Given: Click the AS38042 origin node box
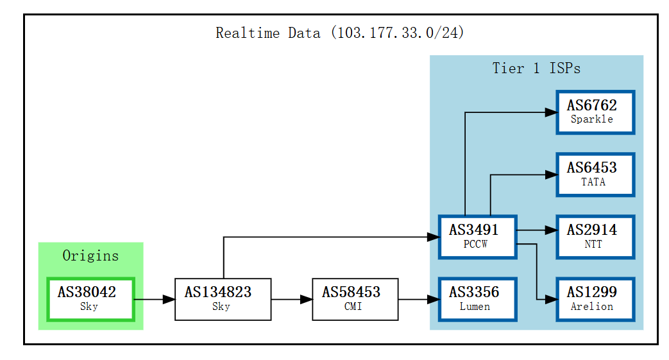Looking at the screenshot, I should pos(90,299).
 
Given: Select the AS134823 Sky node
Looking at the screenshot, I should pos(223,299).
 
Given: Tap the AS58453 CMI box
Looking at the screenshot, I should pos(355,299).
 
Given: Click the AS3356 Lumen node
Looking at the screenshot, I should pos(477,299).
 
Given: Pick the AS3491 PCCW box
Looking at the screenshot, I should pos(477,237).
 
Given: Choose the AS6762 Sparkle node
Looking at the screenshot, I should pos(595,112).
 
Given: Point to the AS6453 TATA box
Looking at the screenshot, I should pos(595,175).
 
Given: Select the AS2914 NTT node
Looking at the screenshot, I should pos(595,237).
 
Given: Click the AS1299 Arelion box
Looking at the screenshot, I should pos(595,299).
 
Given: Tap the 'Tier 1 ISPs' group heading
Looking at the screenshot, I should pos(536,68).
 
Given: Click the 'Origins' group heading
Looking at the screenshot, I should pos(90,255).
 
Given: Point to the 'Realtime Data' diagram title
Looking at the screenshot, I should pos(340,33).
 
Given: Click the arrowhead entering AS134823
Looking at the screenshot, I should pos(169,299).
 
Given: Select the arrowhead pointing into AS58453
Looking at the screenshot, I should pos(307,299).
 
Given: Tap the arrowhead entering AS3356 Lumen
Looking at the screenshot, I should pos(433,299).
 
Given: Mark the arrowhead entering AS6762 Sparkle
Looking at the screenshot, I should pos(551,112).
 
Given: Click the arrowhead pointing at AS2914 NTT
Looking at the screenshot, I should pos(551,230).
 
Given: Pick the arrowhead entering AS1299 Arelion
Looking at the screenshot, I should pos(551,299).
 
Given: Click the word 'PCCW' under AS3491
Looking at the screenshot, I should pos(476,244).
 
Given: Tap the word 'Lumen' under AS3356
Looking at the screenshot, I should pos(475,307).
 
